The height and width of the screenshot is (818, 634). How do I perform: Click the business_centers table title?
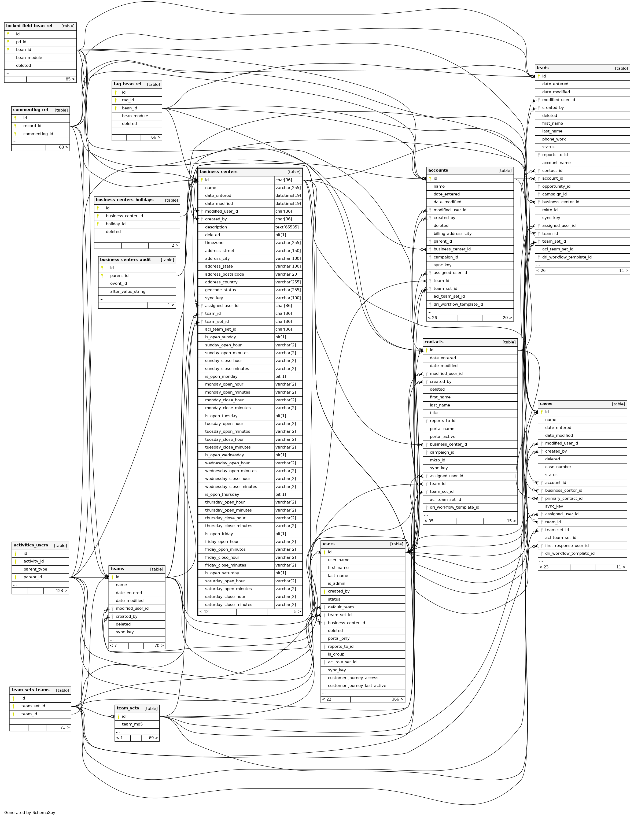point(219,172)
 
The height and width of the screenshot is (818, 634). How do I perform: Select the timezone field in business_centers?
point(214,243)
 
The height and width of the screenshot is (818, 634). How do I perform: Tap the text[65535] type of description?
point(287,227)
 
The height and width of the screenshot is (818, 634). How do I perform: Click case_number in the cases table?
point(558,467)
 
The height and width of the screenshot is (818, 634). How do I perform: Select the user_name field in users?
point(338,560)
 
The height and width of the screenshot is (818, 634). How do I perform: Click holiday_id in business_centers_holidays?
point(115,224)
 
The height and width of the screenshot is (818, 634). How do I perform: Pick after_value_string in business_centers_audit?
point(127,291)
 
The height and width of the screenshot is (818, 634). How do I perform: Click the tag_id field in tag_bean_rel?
point(128,100)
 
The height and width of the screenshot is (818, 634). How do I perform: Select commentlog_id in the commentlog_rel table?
point(38,134)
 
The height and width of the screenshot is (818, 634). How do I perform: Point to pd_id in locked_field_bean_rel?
point(21,42)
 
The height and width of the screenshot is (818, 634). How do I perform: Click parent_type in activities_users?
point(35,569)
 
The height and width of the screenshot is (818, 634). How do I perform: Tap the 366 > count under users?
point(397,699)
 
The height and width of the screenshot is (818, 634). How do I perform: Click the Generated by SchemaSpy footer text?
point(30,813)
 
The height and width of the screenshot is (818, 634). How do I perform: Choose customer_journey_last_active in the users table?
point(357,685)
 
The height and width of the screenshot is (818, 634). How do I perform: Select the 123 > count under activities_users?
point(61,591)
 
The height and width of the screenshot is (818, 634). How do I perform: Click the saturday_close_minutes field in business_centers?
point(228,605)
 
